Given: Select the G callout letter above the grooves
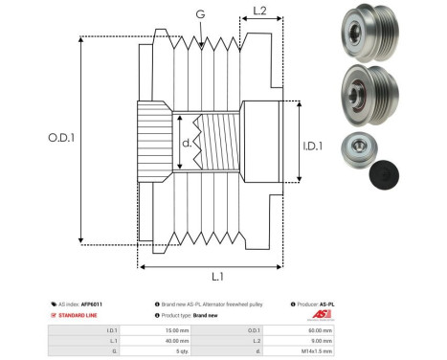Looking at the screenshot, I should click(x=199, y=13).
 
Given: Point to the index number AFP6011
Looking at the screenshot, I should click(x=91, y=304).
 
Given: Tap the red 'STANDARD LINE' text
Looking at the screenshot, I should click(x=82, y=315).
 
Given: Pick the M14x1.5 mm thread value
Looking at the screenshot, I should click(x=322, y=350).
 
